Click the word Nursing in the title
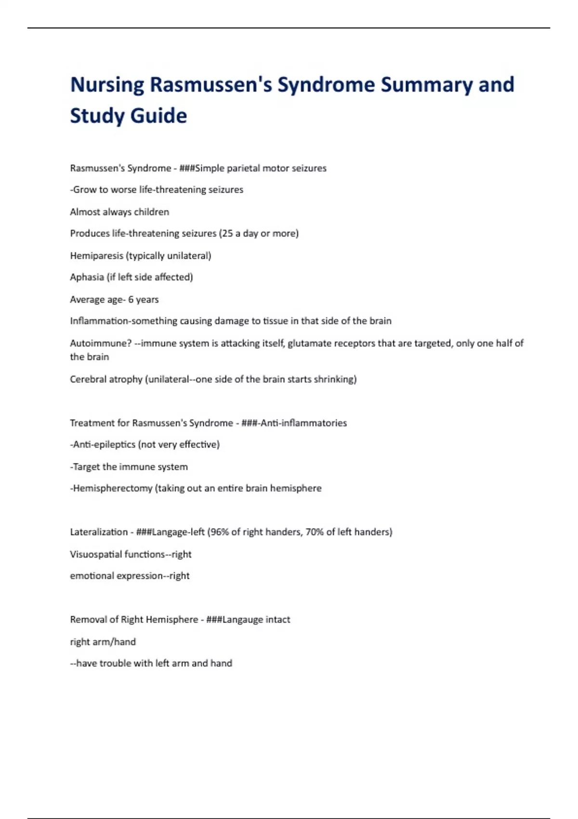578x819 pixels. pos(107,85)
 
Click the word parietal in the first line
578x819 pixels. pos(243,168)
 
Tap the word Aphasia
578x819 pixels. pos(87,277)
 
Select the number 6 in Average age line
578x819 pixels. pos(131,300)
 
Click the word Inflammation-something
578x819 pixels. pos(123,321)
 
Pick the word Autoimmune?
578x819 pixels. pos(101,343)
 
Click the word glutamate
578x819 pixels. pos(311,343)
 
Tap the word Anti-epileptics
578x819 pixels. pos(104,445)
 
